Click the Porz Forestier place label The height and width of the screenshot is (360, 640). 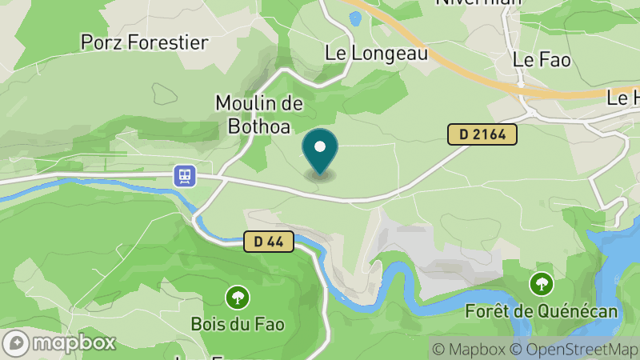click(144, 42)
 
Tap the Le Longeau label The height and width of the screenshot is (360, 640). click(376, 54)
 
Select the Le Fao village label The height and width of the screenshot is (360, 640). click(542, 60)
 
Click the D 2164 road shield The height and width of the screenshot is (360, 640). click(482, 134)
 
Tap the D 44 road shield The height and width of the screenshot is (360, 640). click(270, 241)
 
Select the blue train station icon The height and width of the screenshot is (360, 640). click(185, 175)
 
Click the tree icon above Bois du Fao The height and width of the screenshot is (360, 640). click(237, 298)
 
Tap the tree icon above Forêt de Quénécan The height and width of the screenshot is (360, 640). click(542, 283)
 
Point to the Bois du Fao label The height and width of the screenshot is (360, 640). click(238, 325)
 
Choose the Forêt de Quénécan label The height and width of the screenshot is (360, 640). click(542, 310)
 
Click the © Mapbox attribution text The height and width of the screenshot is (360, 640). click(470, 349)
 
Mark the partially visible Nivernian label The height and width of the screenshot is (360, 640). click(478, 2)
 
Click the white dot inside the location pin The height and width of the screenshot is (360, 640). click(320, 146)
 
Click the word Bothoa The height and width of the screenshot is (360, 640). click(247, 125)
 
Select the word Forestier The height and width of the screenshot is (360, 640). click(167, 42)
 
